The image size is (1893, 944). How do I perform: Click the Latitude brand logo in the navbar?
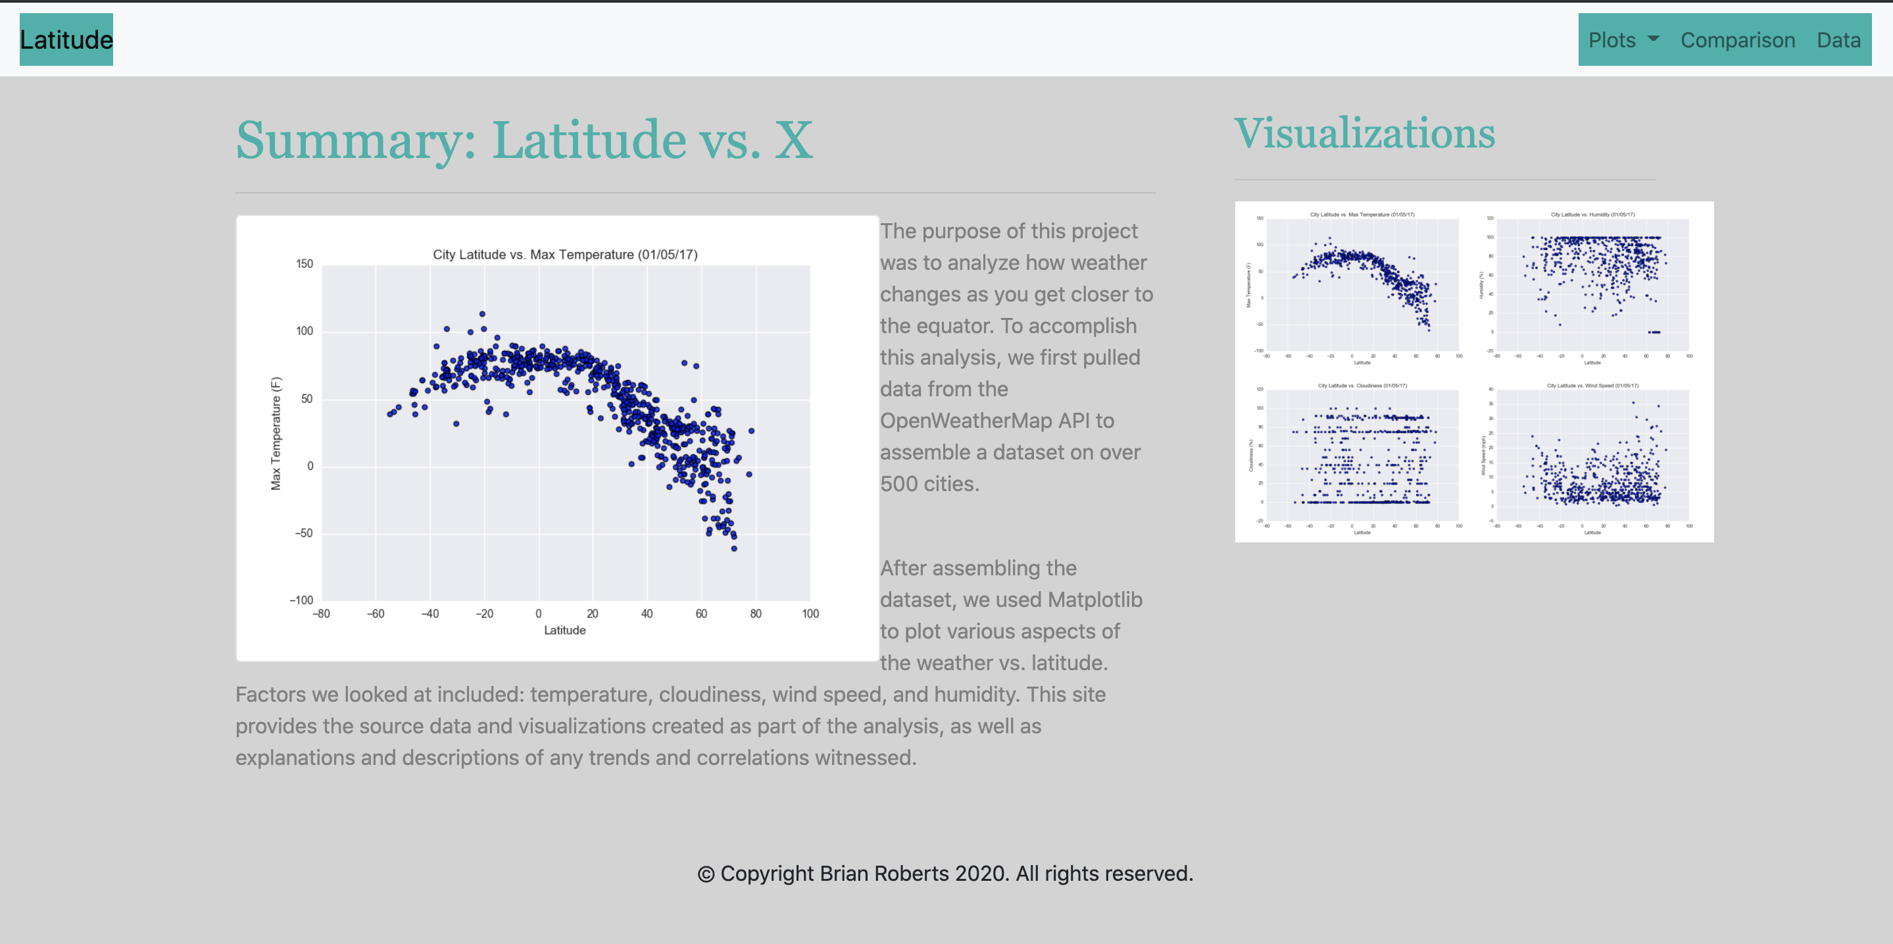point(66,39)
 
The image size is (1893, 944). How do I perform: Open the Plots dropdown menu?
point(1623,39)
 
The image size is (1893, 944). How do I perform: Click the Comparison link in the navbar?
point(1737,39)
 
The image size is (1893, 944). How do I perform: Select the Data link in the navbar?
point(1838,39)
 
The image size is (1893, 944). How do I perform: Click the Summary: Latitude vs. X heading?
point(524,140)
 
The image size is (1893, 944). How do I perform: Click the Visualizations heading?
point(1364,134)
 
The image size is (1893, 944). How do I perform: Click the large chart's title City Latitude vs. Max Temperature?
point(564,254)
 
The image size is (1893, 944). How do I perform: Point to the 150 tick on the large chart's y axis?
point(305,264)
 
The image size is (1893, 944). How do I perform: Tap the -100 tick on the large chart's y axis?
point(301,600)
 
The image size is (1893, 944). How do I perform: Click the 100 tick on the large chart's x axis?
point(810,613)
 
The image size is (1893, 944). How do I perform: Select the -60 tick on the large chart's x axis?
point(376,613)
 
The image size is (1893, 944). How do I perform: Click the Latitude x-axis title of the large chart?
point(564,630)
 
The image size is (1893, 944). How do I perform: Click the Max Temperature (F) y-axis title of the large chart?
point(276,433)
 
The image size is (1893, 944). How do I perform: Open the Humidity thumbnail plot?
point(1592,287)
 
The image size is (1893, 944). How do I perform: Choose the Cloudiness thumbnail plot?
point(1362,458)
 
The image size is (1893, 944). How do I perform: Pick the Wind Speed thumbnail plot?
point(1592,458)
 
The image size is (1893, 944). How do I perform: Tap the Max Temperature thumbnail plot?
point(1362,287)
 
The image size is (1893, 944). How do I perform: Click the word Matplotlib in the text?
point(1094,599)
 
